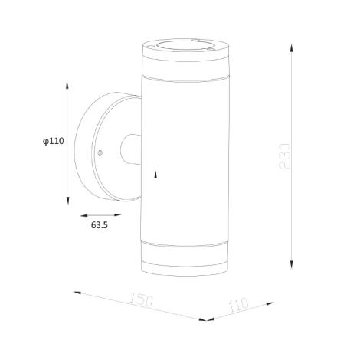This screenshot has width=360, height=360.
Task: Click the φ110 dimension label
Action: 54,141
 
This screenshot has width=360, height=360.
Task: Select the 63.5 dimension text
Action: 100,225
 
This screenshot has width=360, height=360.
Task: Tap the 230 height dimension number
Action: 285,156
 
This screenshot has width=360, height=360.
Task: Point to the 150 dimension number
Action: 141,299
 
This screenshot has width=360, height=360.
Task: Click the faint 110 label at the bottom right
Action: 239,305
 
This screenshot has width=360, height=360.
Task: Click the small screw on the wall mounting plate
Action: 100,153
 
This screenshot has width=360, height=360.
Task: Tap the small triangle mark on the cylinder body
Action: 155,175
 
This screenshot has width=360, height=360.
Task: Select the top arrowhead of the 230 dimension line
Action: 291,47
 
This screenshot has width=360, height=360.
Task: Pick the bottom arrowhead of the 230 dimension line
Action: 291,264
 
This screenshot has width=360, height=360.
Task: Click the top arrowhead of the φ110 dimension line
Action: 67,85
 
